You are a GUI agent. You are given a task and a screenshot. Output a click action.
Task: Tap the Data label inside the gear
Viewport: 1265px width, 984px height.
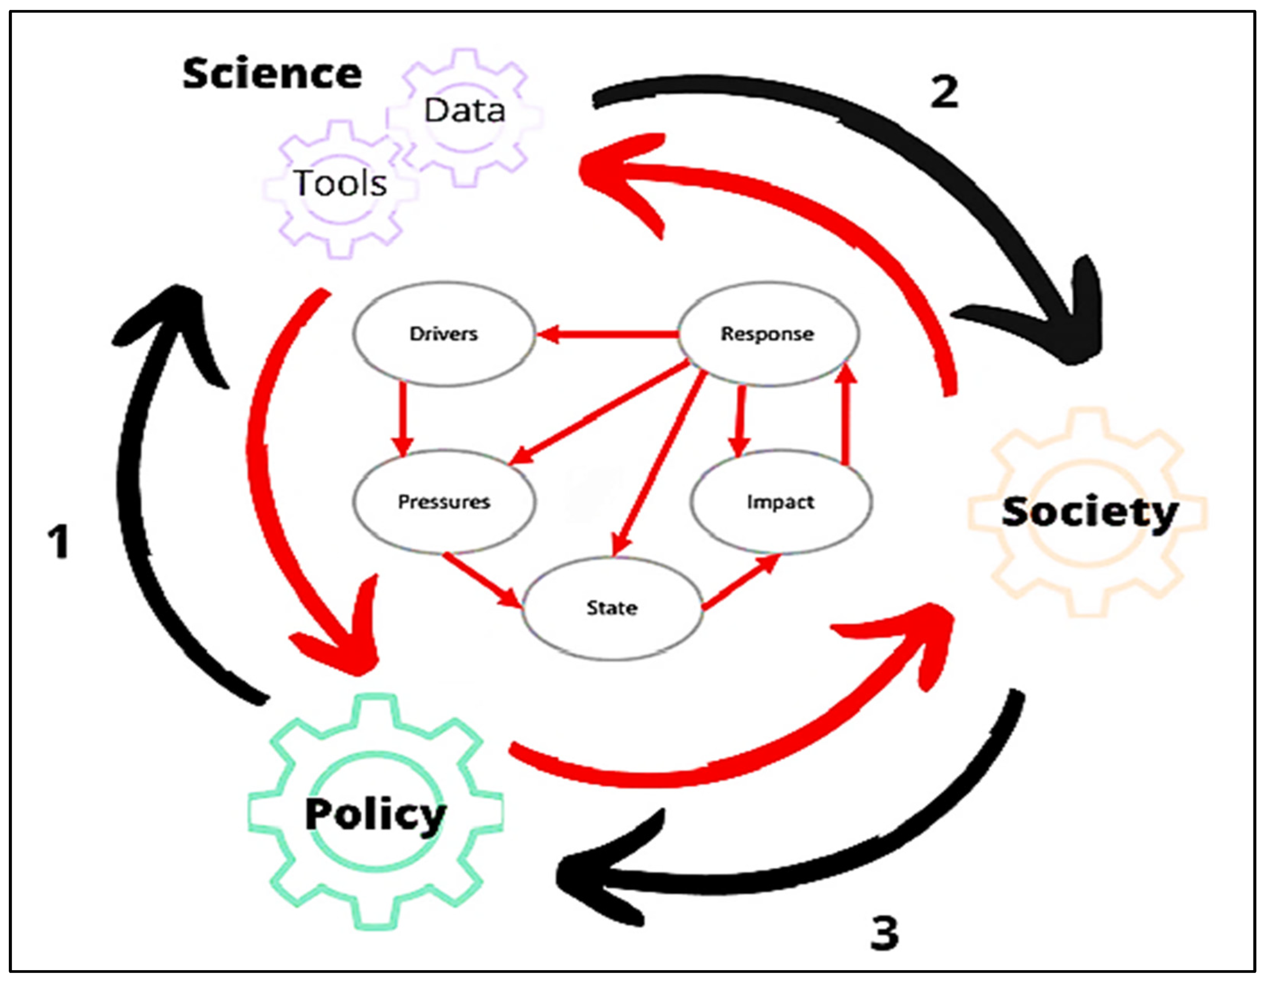pos(464,110)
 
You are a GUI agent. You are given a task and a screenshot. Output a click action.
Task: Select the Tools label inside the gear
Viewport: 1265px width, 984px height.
pos(340,183)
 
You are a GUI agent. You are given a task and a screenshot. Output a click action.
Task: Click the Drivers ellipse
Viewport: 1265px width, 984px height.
pos(444,334)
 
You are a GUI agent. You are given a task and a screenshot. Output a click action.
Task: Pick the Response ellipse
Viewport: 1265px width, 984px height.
pos(767,334)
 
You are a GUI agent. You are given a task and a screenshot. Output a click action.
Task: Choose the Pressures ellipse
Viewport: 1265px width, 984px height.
pos(444,501)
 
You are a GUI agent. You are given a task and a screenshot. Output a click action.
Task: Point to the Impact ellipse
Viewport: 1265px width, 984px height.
pos(780,501)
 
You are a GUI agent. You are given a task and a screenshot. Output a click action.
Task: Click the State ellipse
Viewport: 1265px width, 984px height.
pos(612,608)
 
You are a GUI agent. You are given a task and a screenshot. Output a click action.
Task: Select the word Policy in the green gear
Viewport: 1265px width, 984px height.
pos(375,814)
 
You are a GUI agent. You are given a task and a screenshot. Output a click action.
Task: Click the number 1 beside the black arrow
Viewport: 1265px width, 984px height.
pos(59,542)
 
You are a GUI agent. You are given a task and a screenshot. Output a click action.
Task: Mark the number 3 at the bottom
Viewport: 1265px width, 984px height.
pos(884,933)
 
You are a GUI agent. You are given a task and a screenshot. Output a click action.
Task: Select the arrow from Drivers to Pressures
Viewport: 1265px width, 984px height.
pos(402,417)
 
